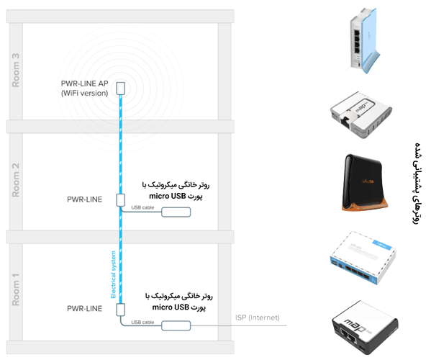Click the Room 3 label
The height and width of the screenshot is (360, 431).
tap(16, 70)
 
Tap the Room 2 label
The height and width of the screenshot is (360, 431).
tap(16, 180)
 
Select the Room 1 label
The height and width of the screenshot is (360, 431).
tap(16, 289)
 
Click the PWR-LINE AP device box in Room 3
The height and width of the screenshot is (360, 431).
tap(120, 89)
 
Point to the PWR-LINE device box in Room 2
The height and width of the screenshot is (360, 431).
tap(120, 200)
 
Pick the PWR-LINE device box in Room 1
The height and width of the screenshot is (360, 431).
tap(120, 310)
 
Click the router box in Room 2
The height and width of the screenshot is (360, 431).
tap(176, 212)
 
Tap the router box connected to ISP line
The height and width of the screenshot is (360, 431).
tap(176, 325)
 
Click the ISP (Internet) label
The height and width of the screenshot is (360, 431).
tap(258, 318)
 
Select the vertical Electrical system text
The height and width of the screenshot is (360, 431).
tap(113, 274)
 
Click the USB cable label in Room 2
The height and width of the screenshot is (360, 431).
tap(142, 207)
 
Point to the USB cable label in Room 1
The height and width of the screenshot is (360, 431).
tap(142, 322)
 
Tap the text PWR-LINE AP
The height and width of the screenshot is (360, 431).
tap(85, 84)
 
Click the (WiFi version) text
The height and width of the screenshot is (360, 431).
tap(85, 93)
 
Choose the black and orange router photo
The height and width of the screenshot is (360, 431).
tap(363, 183)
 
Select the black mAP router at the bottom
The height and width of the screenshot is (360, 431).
tap(365, 328)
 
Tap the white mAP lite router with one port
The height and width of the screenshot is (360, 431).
tap(361, 115)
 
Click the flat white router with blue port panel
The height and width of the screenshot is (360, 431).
tap(363, 258)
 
